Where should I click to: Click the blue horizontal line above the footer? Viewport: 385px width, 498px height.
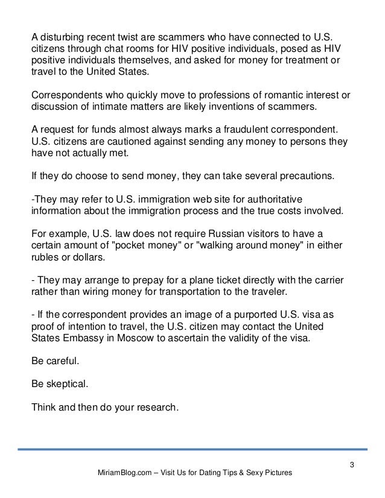[x=192, y=449]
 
